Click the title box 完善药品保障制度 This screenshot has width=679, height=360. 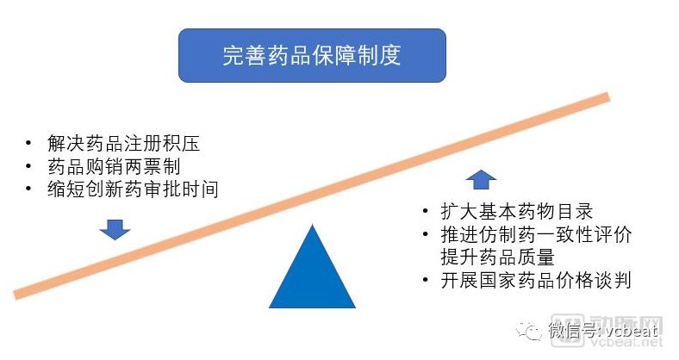pyautogui.click(x=312, y=55)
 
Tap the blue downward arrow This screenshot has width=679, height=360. pyautogui.click(x=114, y=229)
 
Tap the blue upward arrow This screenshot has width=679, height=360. pyautogui.click(x=481, y=180)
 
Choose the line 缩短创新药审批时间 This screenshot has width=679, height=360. pyautogui.click(x=134, y=189)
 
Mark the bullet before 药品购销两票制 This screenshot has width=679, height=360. pyautogui.click(x=31, y=166)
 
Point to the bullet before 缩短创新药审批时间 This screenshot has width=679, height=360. pyautogui.click(x=31, y=189)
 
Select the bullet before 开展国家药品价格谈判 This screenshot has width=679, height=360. pyautogui.click(x=424, y=281)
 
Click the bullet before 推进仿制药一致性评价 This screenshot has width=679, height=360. pyautogui.click(x=424, y=235)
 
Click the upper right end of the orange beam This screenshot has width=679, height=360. pyautogui.click(x=607, y=97)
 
